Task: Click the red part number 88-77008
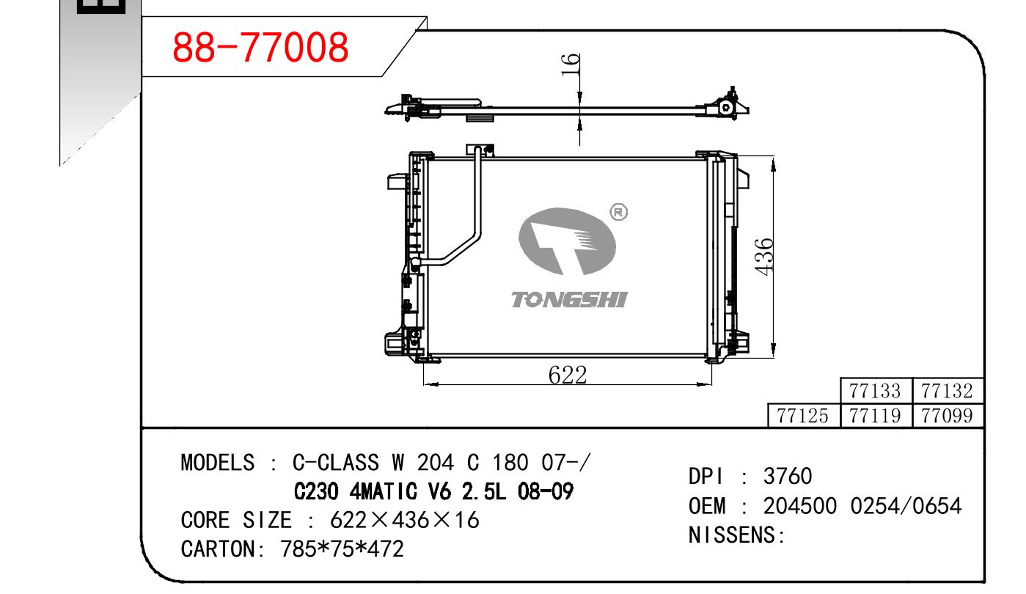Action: [260, 47]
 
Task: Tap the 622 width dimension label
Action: [568, 375]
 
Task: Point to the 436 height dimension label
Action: [763, 257]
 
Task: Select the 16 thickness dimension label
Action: [571, 65]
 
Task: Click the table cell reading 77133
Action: [875, 391]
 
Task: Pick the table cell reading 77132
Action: [948, 391]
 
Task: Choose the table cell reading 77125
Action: [803, 416]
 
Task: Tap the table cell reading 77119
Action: [875, 416]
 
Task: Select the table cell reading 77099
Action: [948, 416]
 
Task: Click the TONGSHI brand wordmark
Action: [569, 299]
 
